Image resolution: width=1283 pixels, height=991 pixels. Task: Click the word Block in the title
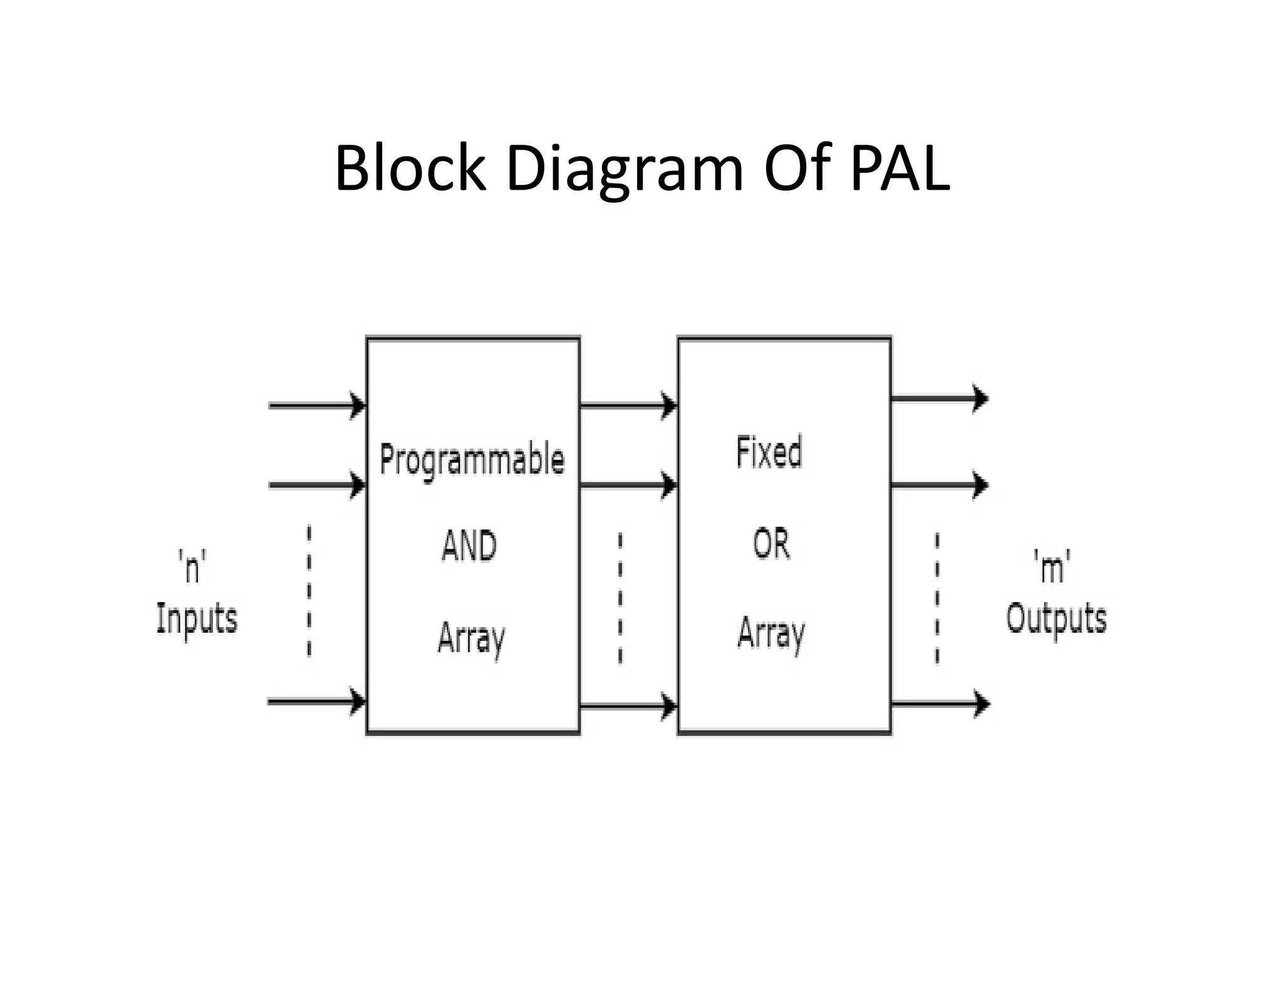pos(410,168)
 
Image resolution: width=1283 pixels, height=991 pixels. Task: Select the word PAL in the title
pos(900,168)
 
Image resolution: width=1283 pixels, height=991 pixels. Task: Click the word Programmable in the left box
pos(472,460)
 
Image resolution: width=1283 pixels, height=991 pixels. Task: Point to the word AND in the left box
pos(469,546)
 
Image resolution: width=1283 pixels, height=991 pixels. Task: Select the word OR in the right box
pos(771,544)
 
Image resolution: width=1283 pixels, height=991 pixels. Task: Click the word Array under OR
pos(771,633)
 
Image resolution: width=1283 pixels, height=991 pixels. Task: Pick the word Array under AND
pos(471,638)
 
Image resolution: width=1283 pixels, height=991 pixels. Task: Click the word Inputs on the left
pos(197,619)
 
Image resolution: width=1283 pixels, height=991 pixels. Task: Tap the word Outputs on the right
pos(1056,619)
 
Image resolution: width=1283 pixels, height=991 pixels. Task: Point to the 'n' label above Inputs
pos(192,567)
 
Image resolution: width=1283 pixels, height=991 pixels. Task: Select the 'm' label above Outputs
pos(1052,567)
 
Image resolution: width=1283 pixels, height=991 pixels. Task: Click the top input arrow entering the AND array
pos(316,405)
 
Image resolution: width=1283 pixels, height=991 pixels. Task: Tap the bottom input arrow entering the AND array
pos(316,701)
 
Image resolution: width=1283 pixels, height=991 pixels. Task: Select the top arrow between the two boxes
pos(628,405)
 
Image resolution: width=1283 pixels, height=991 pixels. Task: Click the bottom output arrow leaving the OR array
pos(940,704)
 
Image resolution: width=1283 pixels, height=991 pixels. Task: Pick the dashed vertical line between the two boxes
pos(620,598)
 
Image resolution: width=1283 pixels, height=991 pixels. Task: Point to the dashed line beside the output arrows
pos(937,598)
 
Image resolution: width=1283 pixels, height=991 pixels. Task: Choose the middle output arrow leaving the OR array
pos(940,485)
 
